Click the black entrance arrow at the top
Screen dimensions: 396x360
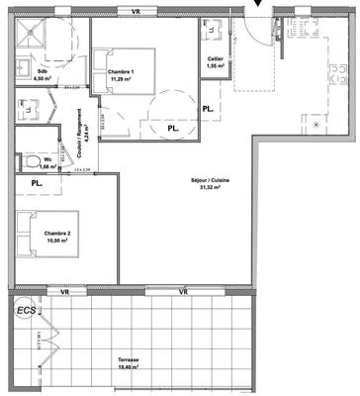(x=259, y=5)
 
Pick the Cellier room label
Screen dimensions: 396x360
(x=215, y=60)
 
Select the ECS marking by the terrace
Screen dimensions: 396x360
(x=24, y=311)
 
